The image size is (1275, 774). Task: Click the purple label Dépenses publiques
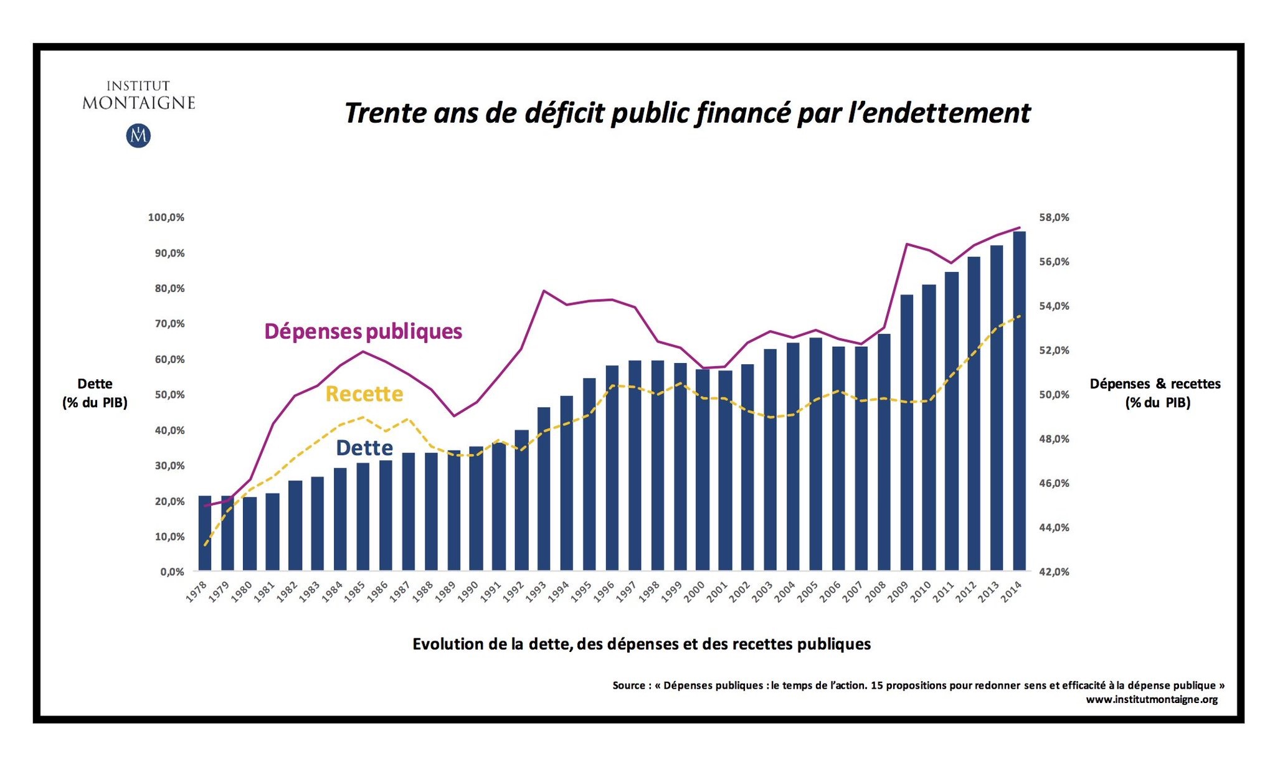click(x=363, y=331)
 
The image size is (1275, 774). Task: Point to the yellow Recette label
click(x=364, y=394)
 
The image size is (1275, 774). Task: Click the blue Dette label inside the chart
click(x=364, y=448)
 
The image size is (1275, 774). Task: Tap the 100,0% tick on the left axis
click(x=166, y=217)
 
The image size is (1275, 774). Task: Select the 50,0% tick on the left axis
click(x=166, y=395)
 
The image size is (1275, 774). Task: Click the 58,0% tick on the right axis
click(x=1054, y=217)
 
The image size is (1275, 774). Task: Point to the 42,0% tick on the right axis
click(x=1054, y=572)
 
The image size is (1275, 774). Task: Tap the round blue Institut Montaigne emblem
click(x=138, y=136)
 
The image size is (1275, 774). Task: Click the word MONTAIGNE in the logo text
click(x=139, y=103)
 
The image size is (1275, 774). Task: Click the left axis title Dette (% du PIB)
click(x=95, y=393)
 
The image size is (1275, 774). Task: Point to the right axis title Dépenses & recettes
click(x=1155, y=384)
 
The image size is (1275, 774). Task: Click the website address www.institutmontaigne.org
click(x=1152, y=699)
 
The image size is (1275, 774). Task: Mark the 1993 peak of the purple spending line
click(x=544, y=291)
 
